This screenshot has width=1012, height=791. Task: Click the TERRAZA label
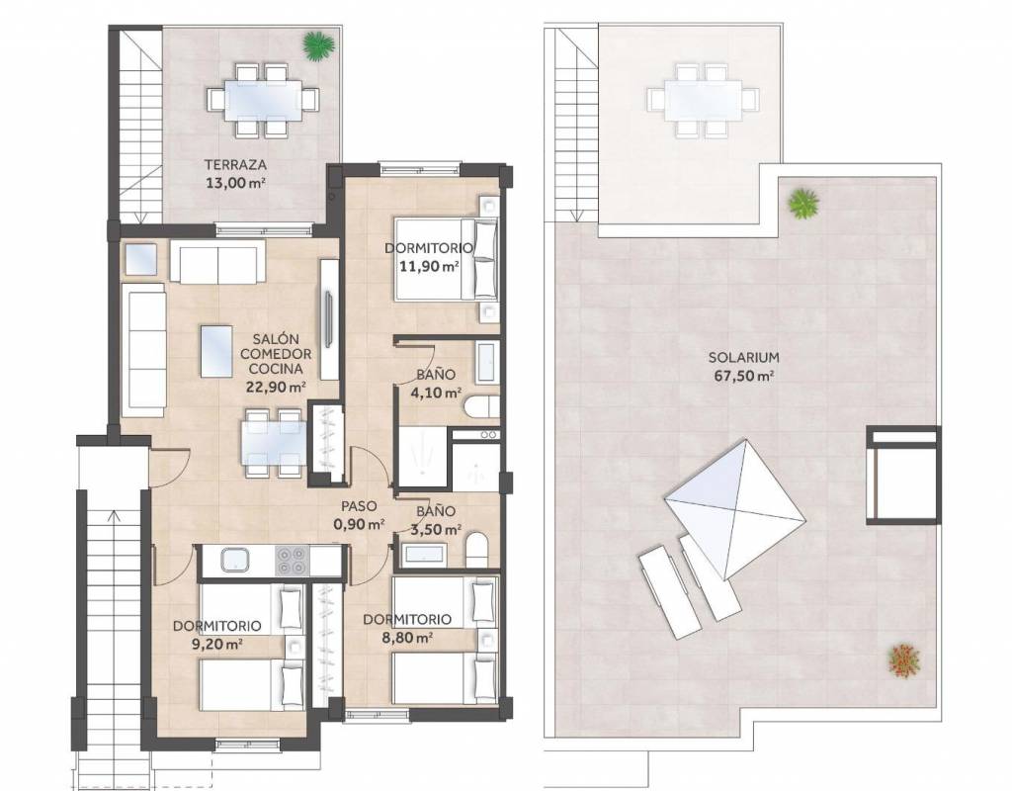[x=235, y=165]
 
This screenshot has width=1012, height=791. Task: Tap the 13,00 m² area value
[x=235, y=183]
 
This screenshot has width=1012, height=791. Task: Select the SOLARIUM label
[x=743, y=357]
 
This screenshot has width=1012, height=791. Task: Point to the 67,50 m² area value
[x=744, y=376]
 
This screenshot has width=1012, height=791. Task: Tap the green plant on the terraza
[x=319, y=45]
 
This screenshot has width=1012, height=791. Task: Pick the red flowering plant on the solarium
[x=903, y=659]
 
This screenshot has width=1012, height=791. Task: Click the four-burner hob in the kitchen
[x=292, y=560]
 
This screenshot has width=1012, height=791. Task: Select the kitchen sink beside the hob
[x=234, y=560]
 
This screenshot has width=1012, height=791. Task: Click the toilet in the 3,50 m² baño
[x=477, y=548]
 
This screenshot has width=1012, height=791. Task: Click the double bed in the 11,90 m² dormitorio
[x=446, y=259]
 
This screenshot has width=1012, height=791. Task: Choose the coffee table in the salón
[x=216, y=351]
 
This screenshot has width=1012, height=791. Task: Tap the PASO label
[x=359, y=507]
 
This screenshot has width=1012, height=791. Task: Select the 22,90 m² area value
[x=277, y=388]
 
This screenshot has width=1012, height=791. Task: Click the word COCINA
[x=277, y=370]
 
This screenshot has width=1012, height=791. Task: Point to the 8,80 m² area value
[x=406, y=638]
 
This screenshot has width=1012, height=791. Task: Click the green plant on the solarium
[x=802, y=204]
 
